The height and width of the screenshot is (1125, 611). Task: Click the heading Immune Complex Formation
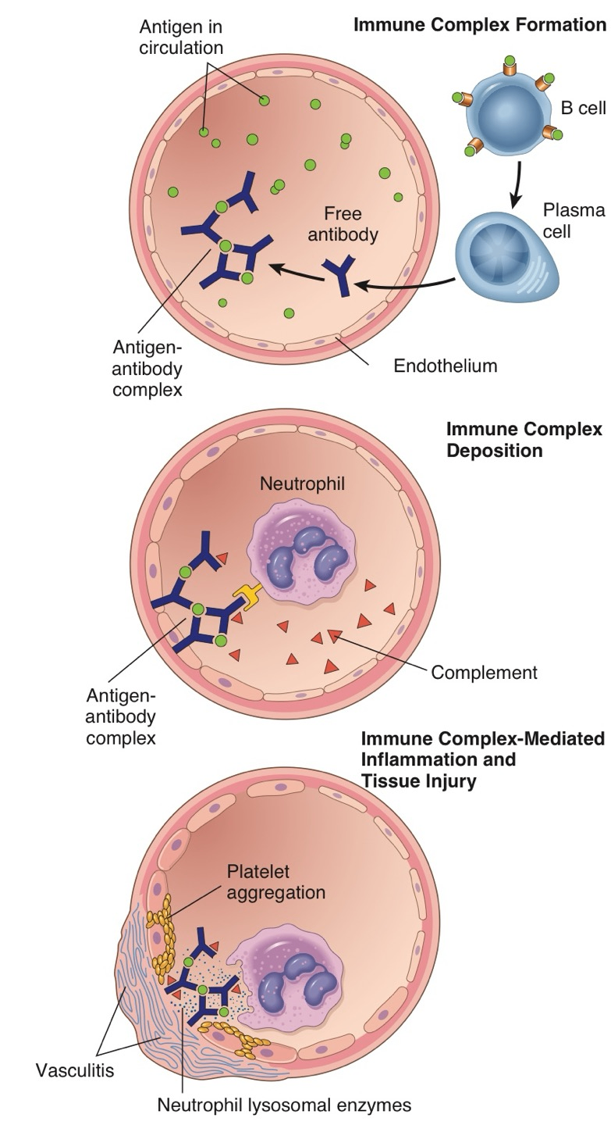pyautogui.click(x=479, y=24)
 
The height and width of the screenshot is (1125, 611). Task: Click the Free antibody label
pyautogui.click(x=350, y=223)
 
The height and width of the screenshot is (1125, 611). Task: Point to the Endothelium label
pyautogui.click(x=446, y=365)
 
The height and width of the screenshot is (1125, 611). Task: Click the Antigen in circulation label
pyautogui.click(x=181, y=37)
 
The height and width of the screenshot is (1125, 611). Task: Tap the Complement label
pyautogui.click(x=485, y=672)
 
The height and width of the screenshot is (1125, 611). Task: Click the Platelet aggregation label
pyautogui.click(x=275, y=880)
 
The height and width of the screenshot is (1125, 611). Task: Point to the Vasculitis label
pyautogui.click(x=75, y=1070)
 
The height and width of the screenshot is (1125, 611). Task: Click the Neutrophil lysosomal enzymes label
pyautogui.click(x=283, y=1105)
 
